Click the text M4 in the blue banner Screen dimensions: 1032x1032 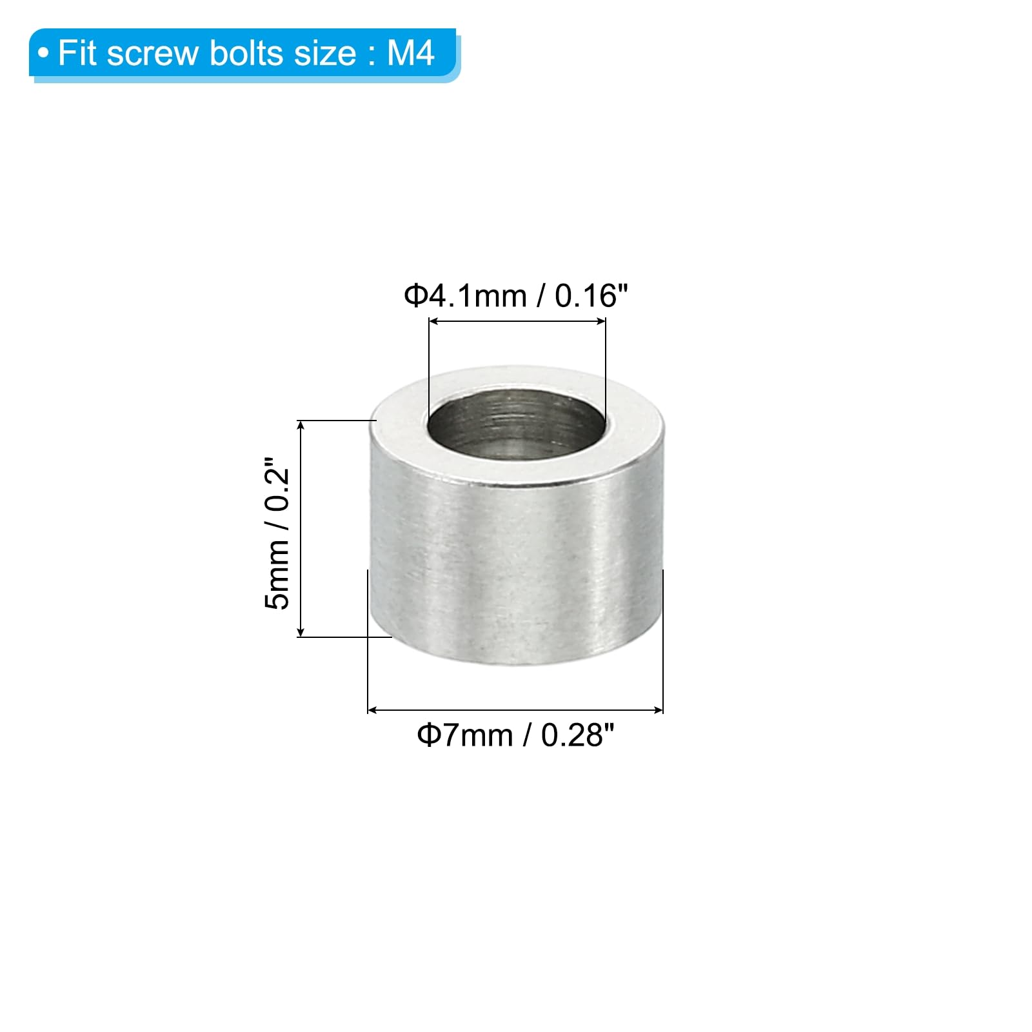tap(410, 53)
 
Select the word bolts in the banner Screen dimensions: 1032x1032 tap(246, 53)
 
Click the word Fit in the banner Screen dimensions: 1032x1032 tap(77, 53)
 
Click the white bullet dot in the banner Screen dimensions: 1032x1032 tap(43, 54)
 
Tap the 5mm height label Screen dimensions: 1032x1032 tap(277, 575)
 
